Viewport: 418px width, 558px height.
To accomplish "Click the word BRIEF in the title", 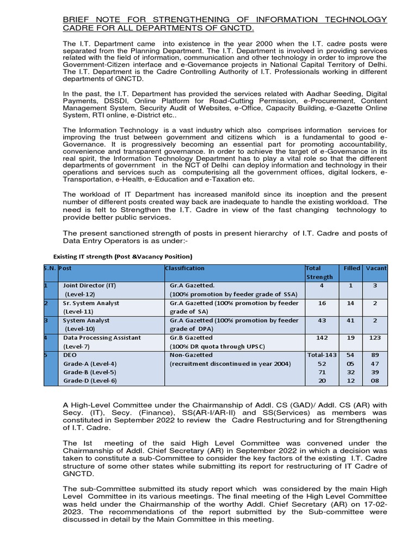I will coord(74,20).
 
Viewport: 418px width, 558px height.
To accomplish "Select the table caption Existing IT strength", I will coord(122,256).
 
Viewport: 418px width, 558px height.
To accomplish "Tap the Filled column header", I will coord(352,269).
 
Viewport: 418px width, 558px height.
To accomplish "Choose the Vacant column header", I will coord(376,269).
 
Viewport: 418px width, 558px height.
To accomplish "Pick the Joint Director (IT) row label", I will coord(89,286).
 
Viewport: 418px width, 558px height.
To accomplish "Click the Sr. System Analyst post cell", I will coord(90,304).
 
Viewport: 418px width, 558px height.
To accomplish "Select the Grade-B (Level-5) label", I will coord(90,373).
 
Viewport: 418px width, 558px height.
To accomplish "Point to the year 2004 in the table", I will coord(279,364).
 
